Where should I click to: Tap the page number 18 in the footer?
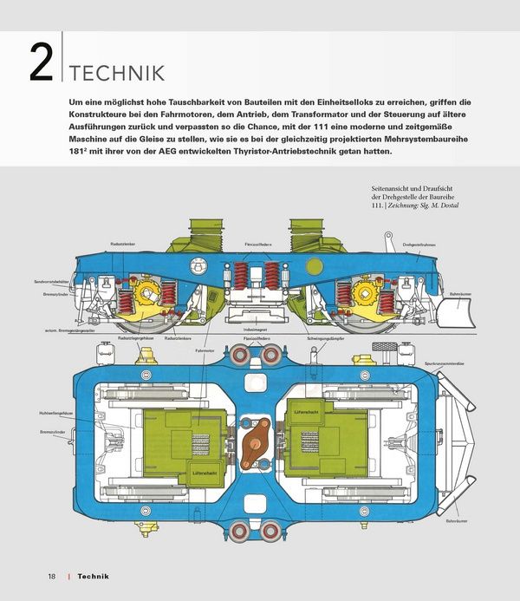pyautogui.click(x=52, y=576)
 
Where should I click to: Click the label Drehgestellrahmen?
pyautogui.click(x=419, y=245)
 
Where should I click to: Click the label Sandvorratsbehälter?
pyautogui.click(x=51, y=282)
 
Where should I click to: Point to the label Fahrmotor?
pyautogui.click(x=205, y=350)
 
